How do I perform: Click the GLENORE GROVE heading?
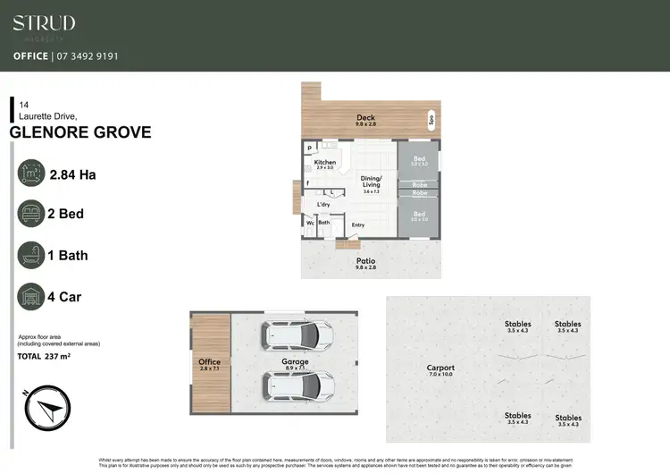coord(80,133)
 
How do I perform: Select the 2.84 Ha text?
coord(73,175)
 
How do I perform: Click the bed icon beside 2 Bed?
coord(31,216)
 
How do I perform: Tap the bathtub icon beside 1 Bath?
coord(31,256)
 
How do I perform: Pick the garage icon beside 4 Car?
coord(31,297)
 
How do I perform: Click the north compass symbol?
coord(42,413)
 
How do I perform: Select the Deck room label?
coord(365,118)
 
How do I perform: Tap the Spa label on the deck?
coord(430,119)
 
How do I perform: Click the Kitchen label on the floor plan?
coord(324,163)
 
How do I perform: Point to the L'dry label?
coord(323,206)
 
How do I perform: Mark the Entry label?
coord(358,225)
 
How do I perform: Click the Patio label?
coord(366,260)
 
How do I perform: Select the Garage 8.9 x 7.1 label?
coord(295,362)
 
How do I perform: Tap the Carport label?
coord(440,368)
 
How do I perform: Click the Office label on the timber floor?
coord(209,362)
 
